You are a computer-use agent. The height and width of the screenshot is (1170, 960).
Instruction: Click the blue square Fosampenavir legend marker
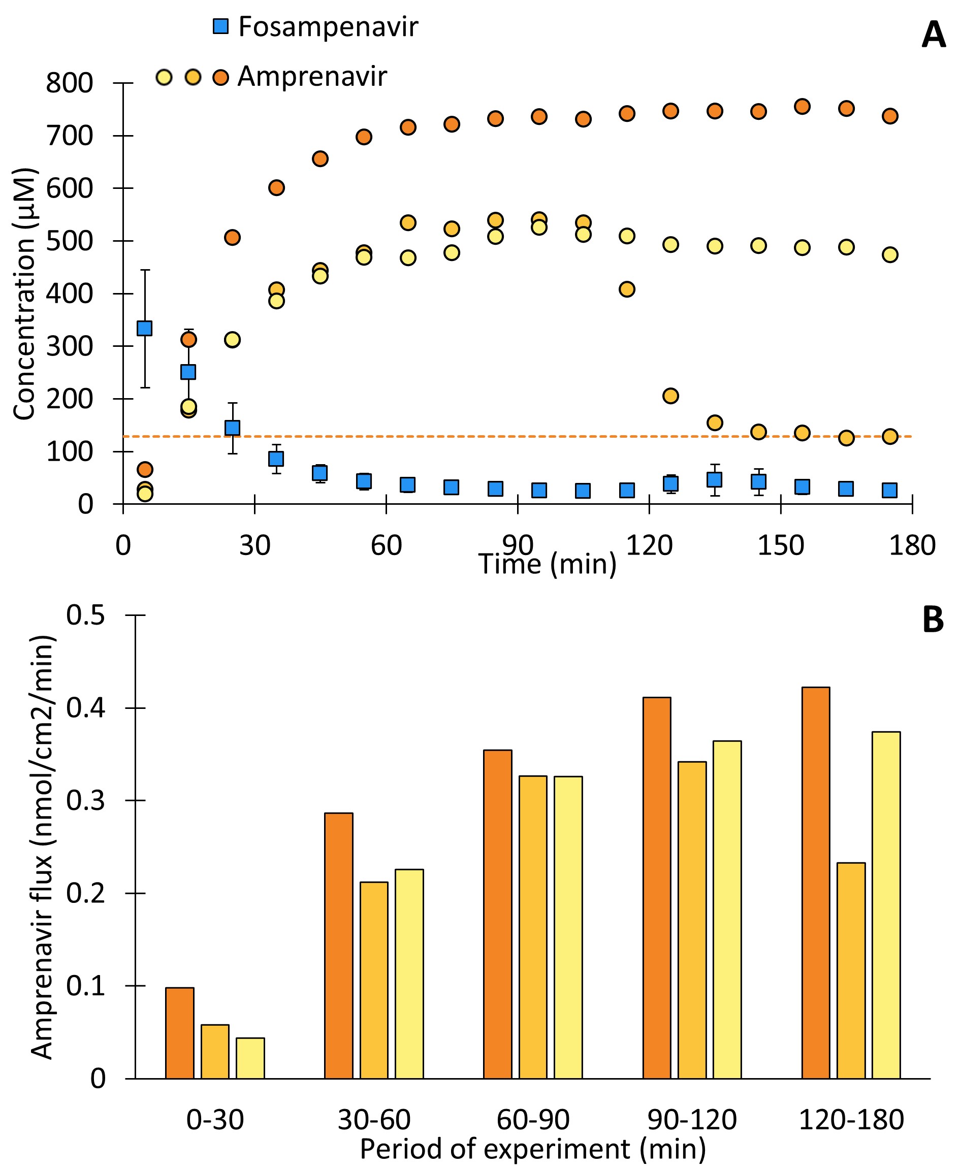220,26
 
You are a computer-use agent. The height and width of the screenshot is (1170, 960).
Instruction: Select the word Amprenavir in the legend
312,76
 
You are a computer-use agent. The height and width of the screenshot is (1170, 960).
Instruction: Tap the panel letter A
934,36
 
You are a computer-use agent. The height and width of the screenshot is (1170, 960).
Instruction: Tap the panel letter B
933,620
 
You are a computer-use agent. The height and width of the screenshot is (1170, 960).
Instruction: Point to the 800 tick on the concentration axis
69,83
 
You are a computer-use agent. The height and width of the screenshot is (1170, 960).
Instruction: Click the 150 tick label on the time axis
780,546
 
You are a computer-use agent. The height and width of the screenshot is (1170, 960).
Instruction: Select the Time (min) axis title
548,564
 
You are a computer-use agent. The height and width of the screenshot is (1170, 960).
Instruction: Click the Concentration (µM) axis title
25,294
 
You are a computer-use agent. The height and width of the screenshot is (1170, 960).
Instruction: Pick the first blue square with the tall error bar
144,329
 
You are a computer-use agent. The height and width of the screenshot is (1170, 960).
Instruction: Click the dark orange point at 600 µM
276,188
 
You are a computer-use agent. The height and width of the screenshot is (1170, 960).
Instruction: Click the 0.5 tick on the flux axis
86,615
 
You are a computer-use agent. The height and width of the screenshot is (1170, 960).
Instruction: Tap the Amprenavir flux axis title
42,846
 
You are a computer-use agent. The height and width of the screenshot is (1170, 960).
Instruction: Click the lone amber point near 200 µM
670,396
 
